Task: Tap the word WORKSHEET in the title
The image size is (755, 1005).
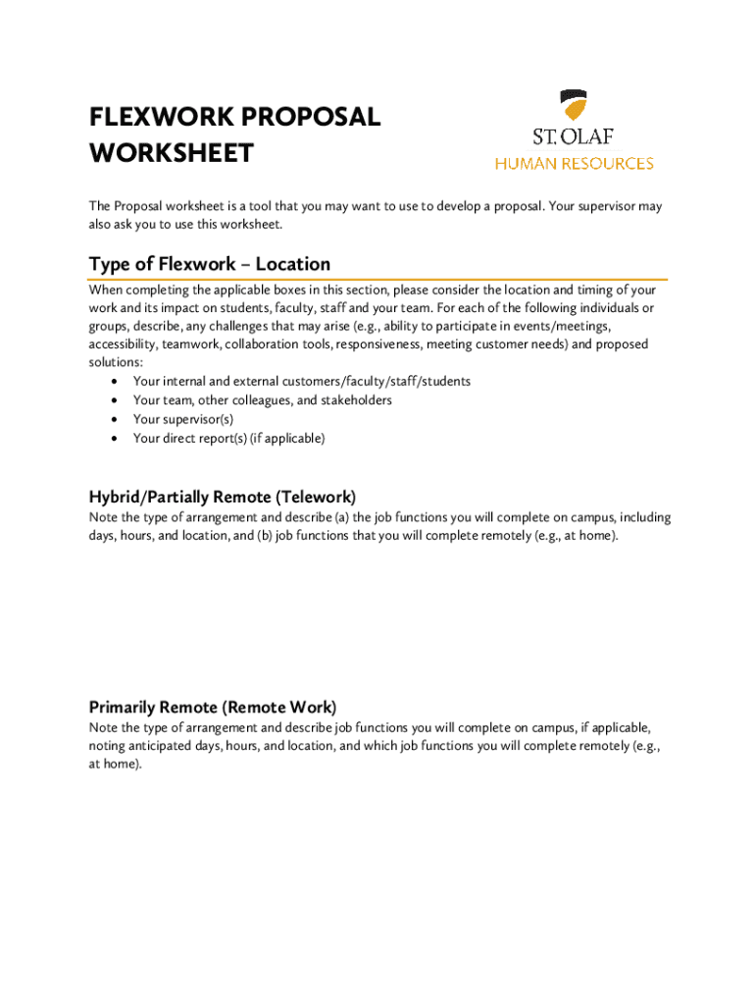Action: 171,154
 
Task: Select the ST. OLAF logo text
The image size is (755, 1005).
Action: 574,136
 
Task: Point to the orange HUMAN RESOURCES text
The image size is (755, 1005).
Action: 574,164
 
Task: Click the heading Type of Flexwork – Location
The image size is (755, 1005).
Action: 209,264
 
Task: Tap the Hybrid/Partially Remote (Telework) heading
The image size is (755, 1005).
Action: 223,497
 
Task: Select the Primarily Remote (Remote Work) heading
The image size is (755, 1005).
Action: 213,707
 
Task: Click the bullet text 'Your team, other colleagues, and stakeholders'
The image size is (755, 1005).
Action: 262,400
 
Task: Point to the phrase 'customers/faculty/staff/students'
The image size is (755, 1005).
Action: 377,381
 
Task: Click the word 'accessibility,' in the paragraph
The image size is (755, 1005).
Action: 124,344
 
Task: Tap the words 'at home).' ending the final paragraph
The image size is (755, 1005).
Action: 116,765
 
